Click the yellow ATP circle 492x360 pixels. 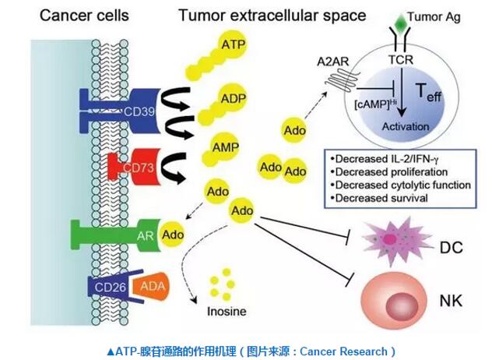click(x=232, y=44)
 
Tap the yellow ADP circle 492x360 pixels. click(x=233, y=97)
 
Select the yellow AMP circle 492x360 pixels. click(x=225, y=146)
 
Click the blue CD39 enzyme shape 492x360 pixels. click(x=120, y=111)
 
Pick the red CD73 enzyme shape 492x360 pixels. click(x=135, y=167)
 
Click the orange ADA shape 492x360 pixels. click(x=151, y=286)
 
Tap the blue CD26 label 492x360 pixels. click(x=110, y=287)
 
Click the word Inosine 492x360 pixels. click(x=227, y=312)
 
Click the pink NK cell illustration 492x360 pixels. click(x=394, y=301)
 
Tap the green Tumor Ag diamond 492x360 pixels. click(x=400, y=22)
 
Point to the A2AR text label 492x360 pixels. click(x=332, y=62)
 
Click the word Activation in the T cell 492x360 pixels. click(x=406, y=126)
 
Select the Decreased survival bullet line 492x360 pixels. click(x=379, y=198)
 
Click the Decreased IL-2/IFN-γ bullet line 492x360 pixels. click(x=385, y=159)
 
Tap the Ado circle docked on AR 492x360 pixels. click(x=172, y=235)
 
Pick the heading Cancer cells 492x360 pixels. click(x=84, y=15)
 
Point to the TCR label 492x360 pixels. click(x=401, y=59)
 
